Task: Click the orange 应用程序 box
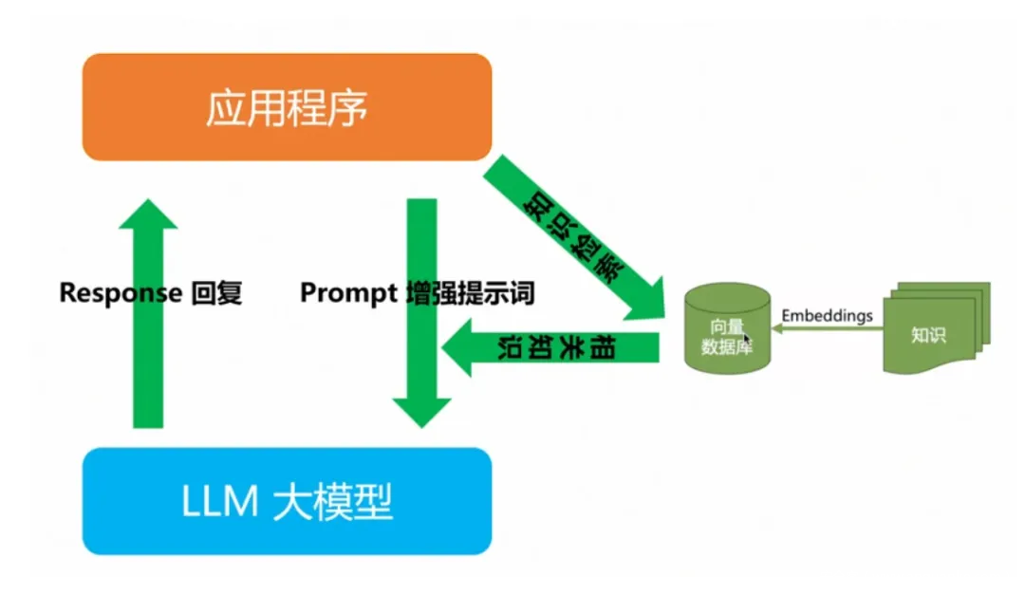(287, 107)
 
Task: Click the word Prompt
(347, 293)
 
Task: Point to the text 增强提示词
(469, 293)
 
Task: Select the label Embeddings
(827, 316)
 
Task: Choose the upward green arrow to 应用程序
(148, 313)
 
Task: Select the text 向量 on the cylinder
(726, 327)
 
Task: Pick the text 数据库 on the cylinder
(726, 347)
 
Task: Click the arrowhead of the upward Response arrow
(148, 213)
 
